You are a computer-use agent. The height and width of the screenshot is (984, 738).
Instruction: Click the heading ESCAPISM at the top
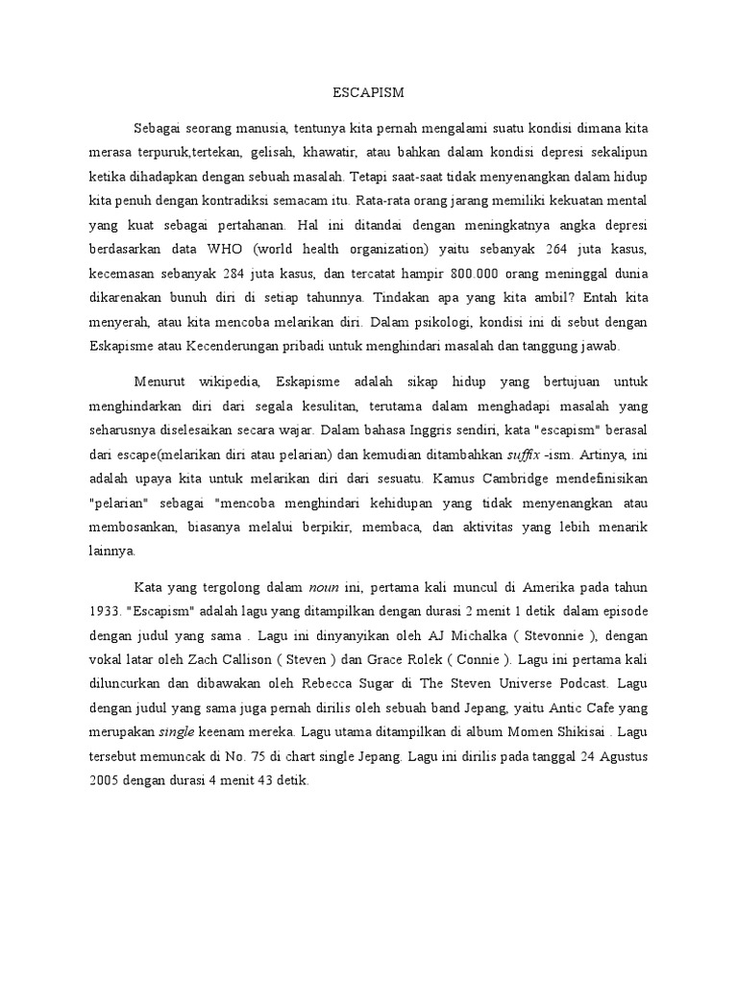click(369, 93)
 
